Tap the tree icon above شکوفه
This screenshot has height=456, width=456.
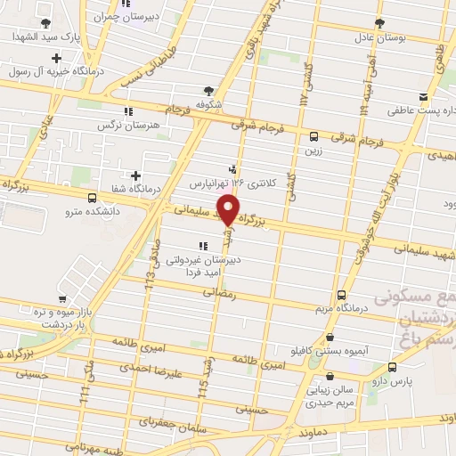click(x=208, y=90)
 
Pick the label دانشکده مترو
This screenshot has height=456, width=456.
click(x=72, y=211)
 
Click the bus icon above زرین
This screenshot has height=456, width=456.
click(x=313, y=136)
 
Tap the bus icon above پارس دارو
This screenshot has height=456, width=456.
click(x=393, y=366)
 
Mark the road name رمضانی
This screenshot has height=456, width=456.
click(x=220, y=292)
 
